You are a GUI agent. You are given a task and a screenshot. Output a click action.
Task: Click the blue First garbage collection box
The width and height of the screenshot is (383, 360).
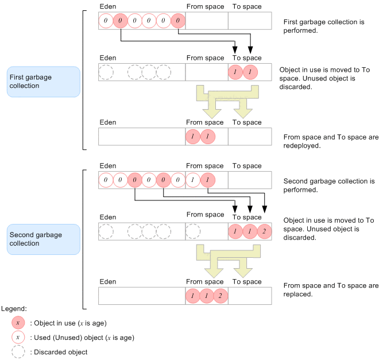coord(44,82)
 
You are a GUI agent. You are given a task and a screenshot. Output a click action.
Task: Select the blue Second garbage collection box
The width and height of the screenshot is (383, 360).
coord(44,239)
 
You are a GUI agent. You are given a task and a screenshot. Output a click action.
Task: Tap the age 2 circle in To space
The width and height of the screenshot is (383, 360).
coord(264,231)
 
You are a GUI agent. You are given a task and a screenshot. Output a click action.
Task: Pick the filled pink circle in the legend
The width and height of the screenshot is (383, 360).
coord(18,323)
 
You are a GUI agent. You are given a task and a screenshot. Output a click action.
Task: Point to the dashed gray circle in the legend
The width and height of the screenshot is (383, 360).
coord(18,351)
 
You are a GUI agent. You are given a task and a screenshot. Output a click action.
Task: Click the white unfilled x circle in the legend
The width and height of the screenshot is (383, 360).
coord(18,338)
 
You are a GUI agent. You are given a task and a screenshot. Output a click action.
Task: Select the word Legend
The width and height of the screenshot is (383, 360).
coord(14,309)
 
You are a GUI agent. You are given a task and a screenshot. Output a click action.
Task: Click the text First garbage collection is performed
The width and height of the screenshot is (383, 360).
coord(323,26)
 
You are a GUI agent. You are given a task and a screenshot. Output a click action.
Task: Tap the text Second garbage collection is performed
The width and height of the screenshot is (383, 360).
coord(325,185)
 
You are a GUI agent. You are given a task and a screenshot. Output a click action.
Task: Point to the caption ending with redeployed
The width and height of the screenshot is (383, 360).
coord(330,141)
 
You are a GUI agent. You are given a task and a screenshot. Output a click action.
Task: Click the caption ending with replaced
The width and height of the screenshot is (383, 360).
coord(330,289)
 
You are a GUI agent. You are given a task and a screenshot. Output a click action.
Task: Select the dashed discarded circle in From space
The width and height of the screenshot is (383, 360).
coord(194,231)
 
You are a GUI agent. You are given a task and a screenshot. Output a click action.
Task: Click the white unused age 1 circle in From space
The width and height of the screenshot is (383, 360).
coord(194,180)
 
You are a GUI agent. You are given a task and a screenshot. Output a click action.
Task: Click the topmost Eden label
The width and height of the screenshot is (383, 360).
coord(107,7)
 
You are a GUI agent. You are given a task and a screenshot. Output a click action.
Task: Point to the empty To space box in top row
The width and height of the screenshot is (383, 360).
coord(250,21)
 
